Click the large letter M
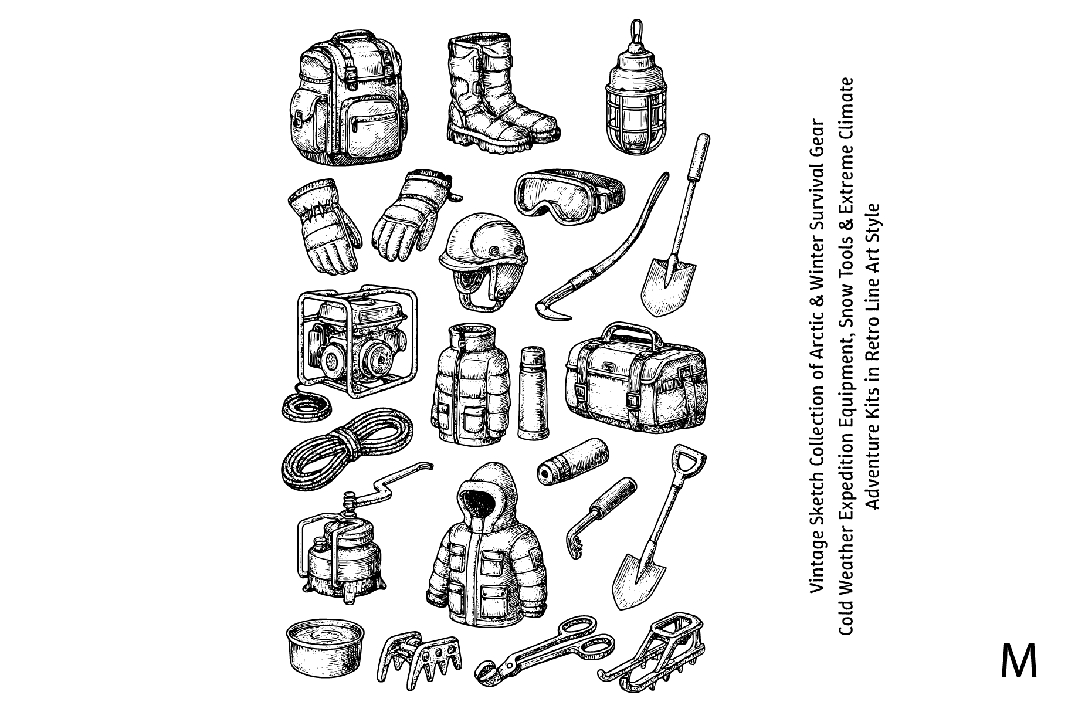pos(1019,662)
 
